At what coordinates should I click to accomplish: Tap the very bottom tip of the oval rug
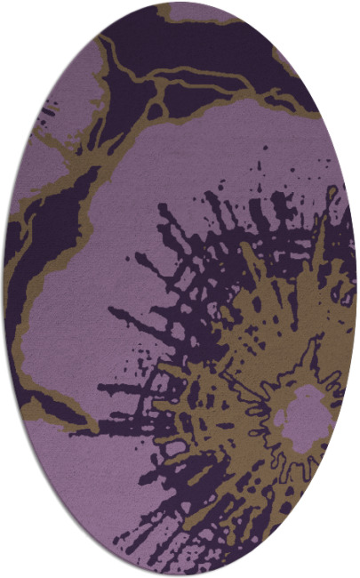click(x=181, y=575)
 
